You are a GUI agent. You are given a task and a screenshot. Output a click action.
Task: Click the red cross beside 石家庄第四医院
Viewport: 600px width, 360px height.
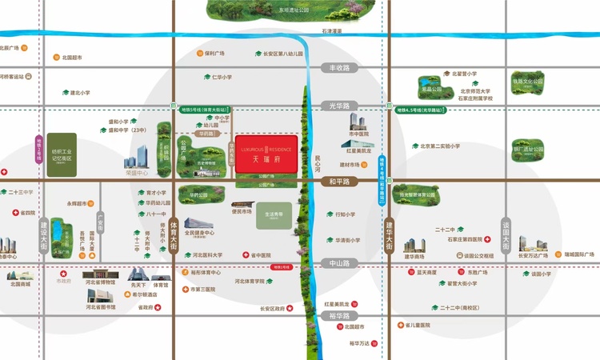488,238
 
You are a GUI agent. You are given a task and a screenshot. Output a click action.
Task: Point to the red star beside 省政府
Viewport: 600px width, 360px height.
169,307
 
